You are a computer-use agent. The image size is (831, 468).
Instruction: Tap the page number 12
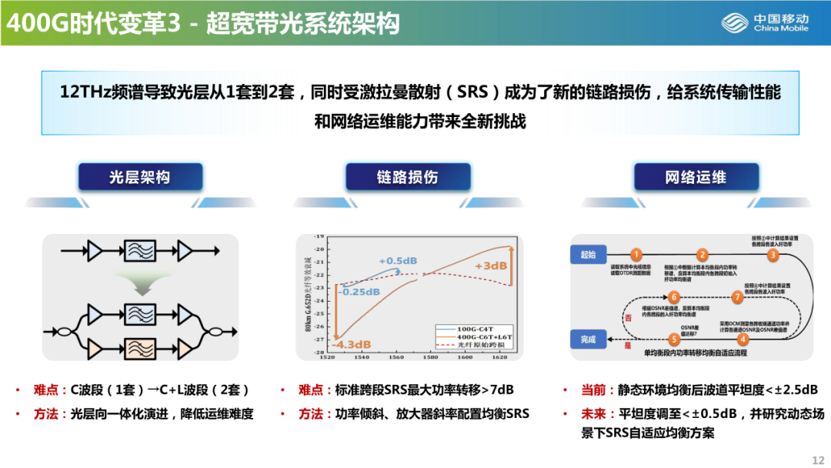(x=817, y=460)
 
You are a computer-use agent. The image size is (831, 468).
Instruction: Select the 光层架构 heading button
(x=138, y=178)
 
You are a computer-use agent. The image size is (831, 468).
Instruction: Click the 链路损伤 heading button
(x=407, y=178)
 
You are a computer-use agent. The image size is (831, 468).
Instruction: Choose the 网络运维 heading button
(x=696, y=178)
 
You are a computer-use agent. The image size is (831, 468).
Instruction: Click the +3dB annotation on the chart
(x=491, y=266)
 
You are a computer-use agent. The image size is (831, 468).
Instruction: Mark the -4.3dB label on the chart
(x=352, y=344)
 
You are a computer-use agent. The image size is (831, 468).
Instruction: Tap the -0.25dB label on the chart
(x=359, y=292)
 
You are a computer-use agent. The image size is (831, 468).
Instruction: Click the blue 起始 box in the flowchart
(x=589, y=253)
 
